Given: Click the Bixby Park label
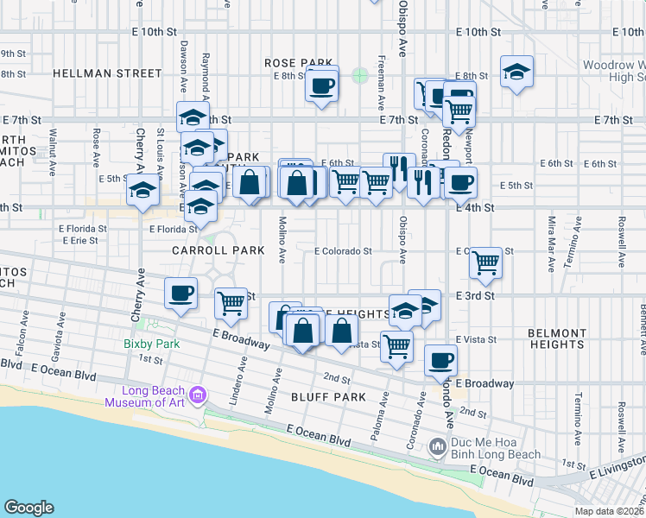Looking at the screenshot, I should (151, 344).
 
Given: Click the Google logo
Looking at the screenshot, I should (28, 508).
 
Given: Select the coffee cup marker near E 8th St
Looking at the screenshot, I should (322, 85).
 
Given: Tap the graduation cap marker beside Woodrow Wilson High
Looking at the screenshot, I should (516, 73).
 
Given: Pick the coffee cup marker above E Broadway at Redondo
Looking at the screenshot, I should (440, 358).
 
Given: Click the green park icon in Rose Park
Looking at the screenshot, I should (359, 75).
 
